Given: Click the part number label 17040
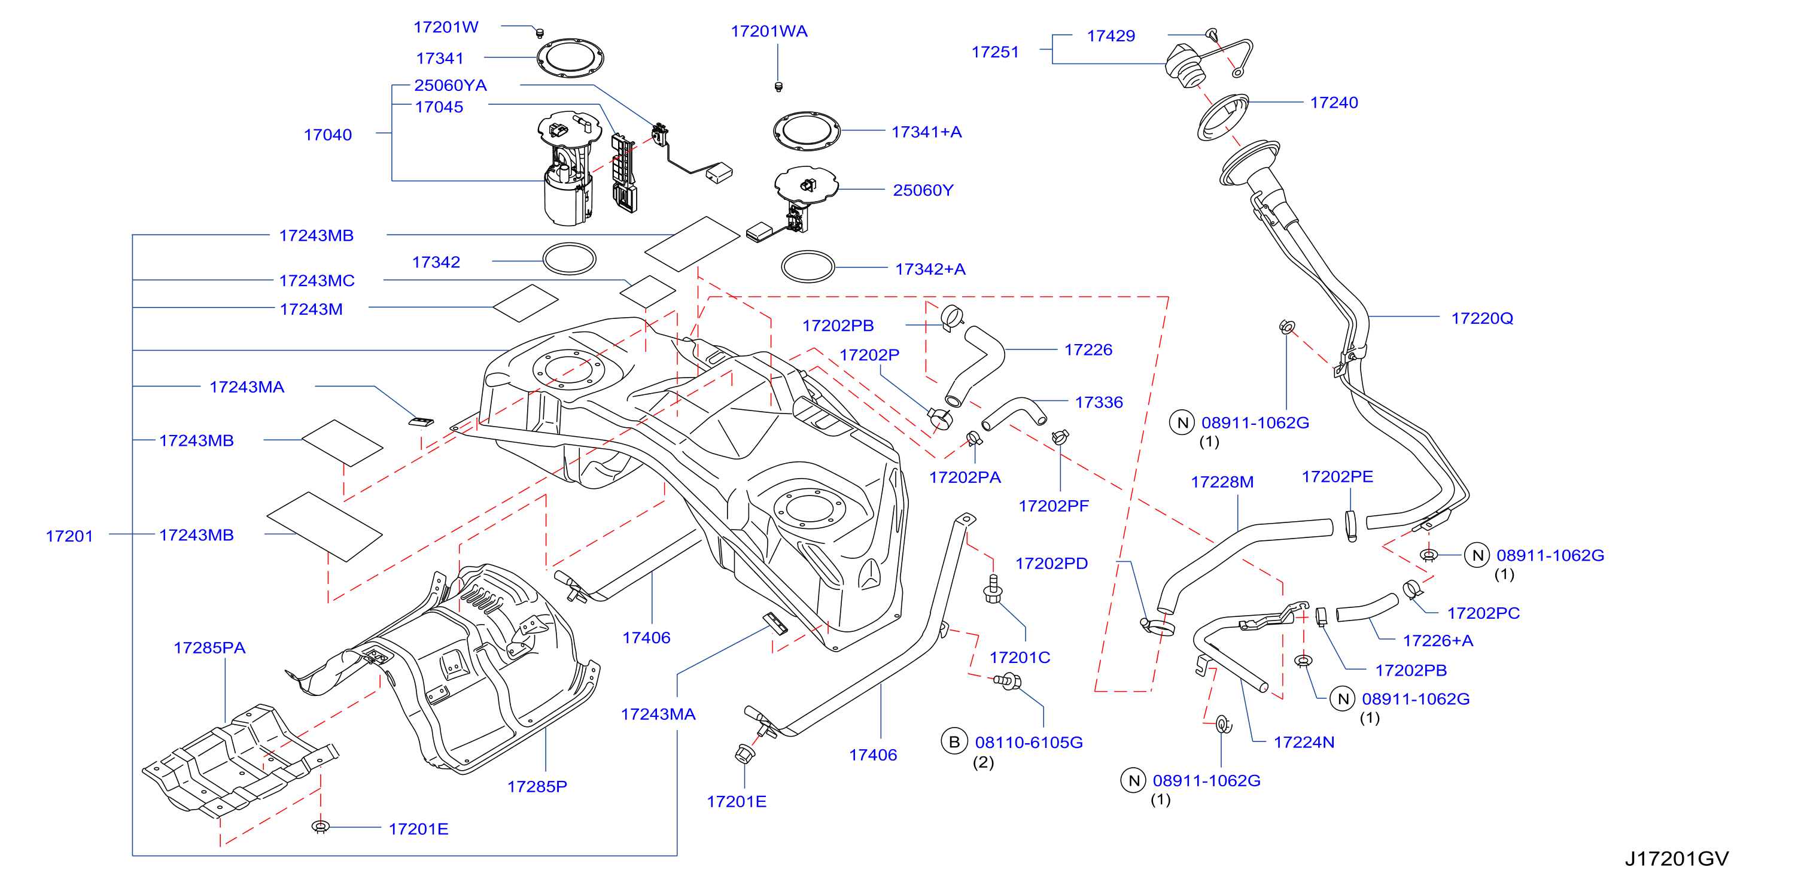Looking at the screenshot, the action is pos(327,135).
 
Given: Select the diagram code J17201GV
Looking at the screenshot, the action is pos(1677,858).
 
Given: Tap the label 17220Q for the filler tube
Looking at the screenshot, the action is pos(1482,318).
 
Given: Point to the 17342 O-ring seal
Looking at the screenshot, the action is pos(570,259).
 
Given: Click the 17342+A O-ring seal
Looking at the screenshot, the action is pos(808,267).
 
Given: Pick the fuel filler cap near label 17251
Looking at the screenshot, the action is pos(1185,66).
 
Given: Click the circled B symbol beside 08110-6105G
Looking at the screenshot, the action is pos(954,741).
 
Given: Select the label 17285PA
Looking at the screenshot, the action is pos(209,648).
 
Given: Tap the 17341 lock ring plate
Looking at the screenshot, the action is pos(570,58).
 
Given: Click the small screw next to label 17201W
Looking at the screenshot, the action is pos(539,32).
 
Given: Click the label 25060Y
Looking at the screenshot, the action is pos(923,190).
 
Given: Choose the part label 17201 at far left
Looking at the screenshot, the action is pos(69,536).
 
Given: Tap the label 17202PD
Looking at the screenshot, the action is pos(1051,564).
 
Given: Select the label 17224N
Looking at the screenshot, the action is pos(1304,742).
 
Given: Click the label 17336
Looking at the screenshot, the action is pos(1099,402).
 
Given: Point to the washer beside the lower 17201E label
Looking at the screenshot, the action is pos(320,826).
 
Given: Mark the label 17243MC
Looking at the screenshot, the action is pos(317,281).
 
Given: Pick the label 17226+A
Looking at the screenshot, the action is pos(1438,641).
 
